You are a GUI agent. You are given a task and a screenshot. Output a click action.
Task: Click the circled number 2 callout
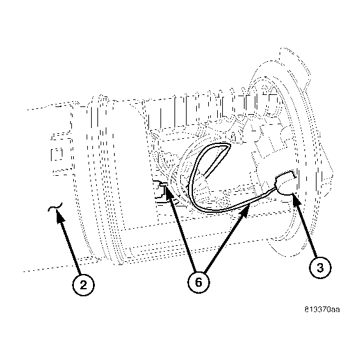click(x=83, y=284)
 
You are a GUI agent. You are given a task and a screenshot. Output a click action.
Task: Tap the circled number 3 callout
click(x=320, y=268)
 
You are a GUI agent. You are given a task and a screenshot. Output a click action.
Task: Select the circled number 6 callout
click(x=199, y=282)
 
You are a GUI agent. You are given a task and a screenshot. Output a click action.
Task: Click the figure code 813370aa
click(x=322, y=310)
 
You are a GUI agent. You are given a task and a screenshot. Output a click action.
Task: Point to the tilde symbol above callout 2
click(x=55, y=207)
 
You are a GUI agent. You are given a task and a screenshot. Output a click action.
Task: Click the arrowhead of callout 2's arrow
click(x=59, y=216)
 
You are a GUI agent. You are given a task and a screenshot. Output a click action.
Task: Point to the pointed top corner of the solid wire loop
click(x=229, y=145)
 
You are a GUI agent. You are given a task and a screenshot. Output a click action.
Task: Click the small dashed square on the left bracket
click(x=57, y=155)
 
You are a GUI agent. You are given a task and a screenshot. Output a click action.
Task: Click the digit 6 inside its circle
click(x=199, y=282)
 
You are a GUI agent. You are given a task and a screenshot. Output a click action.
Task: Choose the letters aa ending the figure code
click(x=336, y=310)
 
